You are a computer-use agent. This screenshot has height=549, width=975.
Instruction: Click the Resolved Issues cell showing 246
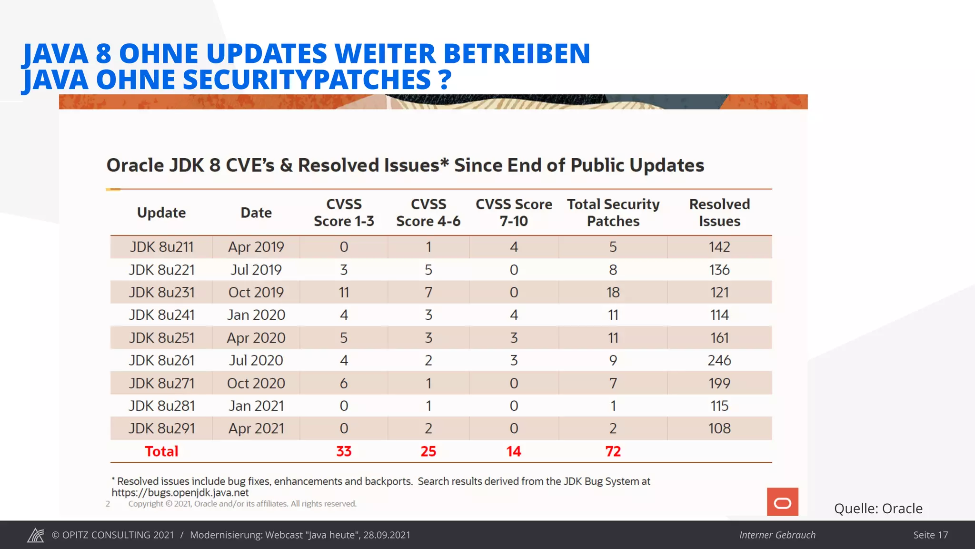(719, 360)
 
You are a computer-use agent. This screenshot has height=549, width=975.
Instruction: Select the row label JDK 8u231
(161, 292)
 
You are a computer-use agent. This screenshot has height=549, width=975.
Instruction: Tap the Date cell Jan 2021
(256, 406)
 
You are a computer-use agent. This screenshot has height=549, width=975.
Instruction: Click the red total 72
(613, 451)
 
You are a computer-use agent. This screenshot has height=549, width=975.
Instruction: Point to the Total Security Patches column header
(613, 213)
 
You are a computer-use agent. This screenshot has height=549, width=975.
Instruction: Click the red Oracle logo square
(782, 502)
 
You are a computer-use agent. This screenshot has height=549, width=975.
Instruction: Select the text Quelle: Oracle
(878, 508)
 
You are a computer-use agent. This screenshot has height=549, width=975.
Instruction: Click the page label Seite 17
(930, 535)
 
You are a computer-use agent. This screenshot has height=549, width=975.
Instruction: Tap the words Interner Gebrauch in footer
(777, 535)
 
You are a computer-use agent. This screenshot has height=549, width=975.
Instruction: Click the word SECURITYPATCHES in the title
(307, 80)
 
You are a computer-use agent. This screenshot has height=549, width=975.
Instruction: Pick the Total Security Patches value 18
(613, 292)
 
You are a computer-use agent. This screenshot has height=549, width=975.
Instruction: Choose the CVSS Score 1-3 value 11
(344, 292)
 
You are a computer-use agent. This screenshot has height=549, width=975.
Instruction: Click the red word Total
(161, 451)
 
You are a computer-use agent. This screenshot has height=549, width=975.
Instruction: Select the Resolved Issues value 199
(719, 383)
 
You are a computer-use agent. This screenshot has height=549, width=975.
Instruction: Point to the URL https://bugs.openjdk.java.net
(180, 492)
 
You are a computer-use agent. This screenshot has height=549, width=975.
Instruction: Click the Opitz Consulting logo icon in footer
(36, 535)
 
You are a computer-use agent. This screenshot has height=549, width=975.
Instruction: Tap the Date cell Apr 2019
(256, 247)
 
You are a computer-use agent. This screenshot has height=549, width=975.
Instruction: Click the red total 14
(514, 451)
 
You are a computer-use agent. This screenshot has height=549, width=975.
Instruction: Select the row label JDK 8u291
(161, 428)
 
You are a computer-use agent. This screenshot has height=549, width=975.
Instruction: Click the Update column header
(161, 213)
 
